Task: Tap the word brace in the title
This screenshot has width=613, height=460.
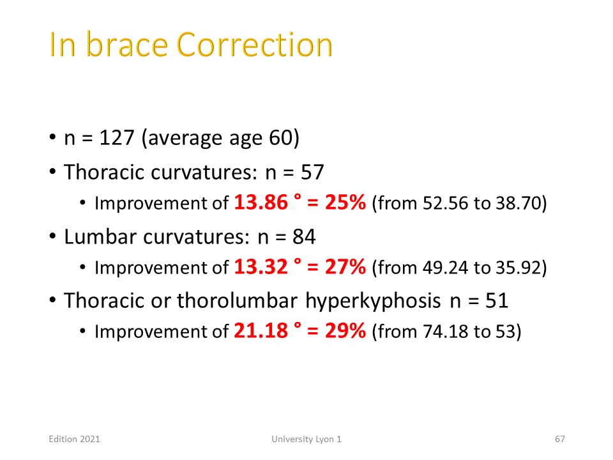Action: tap(126, 45)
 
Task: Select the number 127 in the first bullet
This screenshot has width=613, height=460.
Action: tap(117, 138)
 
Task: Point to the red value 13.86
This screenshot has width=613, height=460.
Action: tap(261, 203)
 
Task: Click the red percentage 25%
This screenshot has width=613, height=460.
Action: tap(345, 203)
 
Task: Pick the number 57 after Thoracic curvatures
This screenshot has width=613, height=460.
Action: tap(312, 172)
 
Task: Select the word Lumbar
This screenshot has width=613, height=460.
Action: tap(100, 236)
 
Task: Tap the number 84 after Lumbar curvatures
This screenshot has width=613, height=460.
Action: tap(304, 236)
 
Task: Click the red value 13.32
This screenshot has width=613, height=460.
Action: tap(261, 267)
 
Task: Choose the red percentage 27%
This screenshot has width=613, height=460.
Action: tap(345, 267)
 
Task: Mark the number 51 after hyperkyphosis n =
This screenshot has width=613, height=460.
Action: tap(497, 301)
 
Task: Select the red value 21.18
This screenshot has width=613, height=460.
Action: tap(261, 331)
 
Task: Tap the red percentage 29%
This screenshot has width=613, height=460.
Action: tap(345, 331)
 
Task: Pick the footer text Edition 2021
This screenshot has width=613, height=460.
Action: tap(74, 440)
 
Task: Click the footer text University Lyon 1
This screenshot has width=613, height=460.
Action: tap(306, 440)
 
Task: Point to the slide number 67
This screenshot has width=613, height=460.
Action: tap(560, 440)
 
